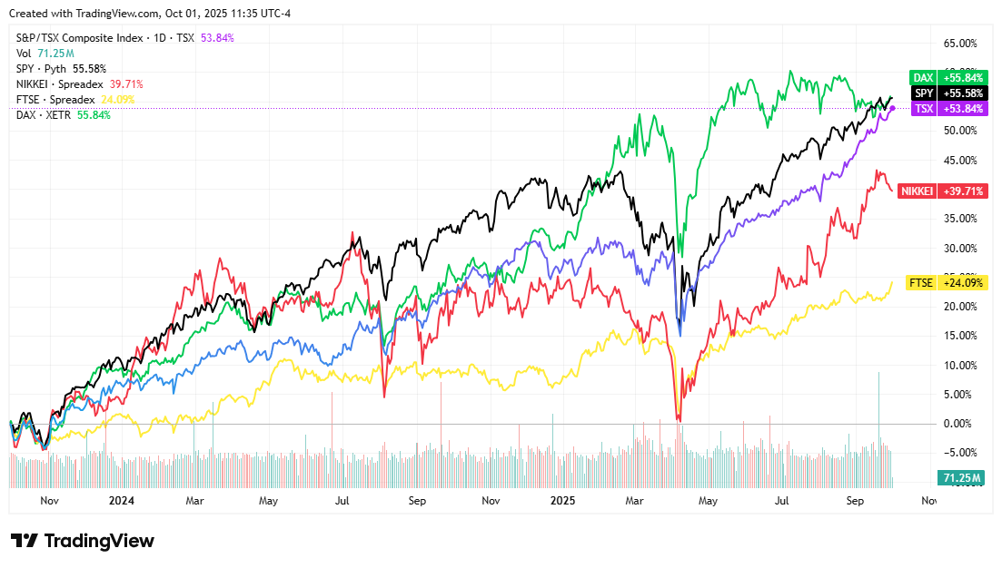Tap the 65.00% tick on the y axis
point(960,43)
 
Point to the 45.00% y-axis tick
point(960,161)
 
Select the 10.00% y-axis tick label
point(960,365)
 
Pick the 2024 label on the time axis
point(121,500)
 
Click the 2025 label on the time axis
point(563,500)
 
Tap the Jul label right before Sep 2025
point(781,500)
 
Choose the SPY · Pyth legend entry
point(61,68)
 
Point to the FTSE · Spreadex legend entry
point(75,100)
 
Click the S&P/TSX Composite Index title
point(80,37)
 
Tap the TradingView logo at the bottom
point(83,541)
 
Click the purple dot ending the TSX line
point(892,108)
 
